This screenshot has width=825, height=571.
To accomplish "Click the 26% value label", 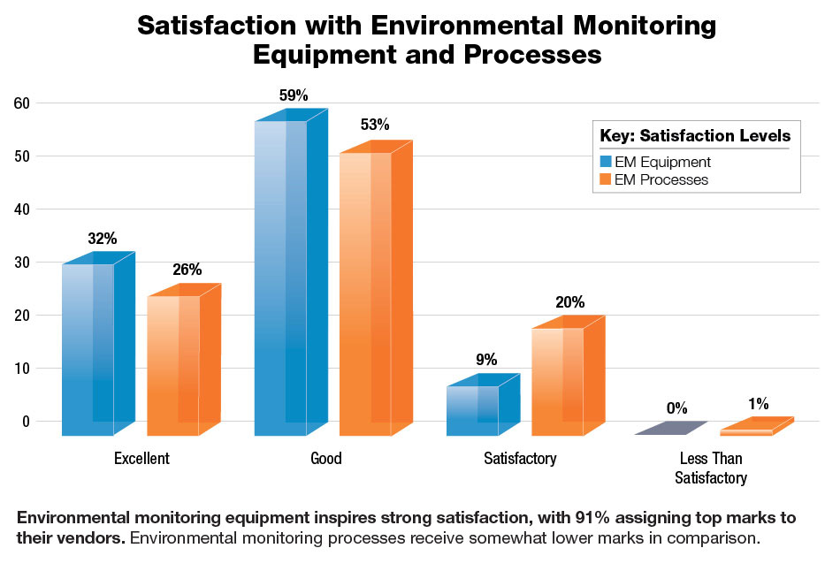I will (x=187, y=270).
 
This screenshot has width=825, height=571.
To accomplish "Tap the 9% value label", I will (x=485, y=360).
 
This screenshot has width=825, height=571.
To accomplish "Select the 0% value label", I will (x=676, y=408).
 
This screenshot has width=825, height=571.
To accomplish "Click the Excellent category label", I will (x=141, y=459).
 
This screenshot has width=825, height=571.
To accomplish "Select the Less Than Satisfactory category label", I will (x=711, y=468).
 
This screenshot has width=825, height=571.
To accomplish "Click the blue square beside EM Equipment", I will (x=605, y=162).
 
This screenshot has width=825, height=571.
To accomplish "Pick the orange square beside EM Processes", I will (x=605, y=179).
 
